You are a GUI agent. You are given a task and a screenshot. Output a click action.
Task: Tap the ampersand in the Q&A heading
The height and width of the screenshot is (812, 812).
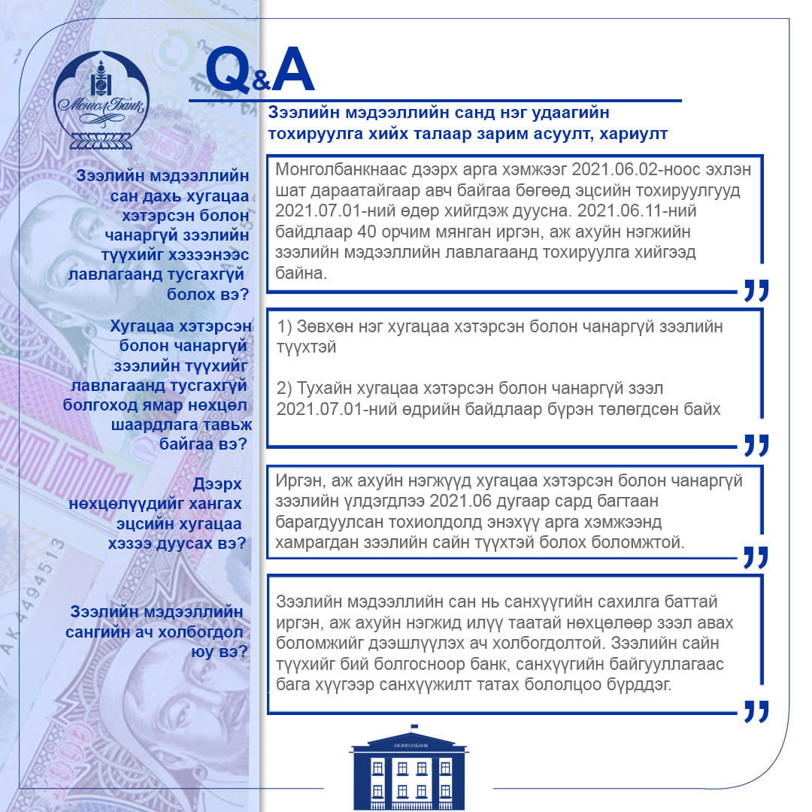click(262, 80)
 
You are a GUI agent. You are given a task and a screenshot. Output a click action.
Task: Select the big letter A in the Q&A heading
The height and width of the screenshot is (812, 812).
click(293, 69)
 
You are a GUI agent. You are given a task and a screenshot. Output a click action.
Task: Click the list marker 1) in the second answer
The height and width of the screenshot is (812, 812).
click(284, 327)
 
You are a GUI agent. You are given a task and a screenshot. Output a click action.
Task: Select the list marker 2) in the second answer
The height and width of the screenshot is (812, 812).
click(284, 389)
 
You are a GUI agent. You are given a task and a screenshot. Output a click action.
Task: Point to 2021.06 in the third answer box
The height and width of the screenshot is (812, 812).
click(462, 501)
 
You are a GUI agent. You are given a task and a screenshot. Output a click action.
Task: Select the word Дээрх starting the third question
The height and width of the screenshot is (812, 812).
click(217, 483)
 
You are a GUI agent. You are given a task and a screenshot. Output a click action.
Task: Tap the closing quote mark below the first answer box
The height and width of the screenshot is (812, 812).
click(756, 290)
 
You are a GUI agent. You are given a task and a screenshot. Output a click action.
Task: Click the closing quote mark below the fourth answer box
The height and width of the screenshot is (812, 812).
click(756, 711)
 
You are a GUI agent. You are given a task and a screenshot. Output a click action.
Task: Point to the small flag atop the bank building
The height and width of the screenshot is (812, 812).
click(414, 727)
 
